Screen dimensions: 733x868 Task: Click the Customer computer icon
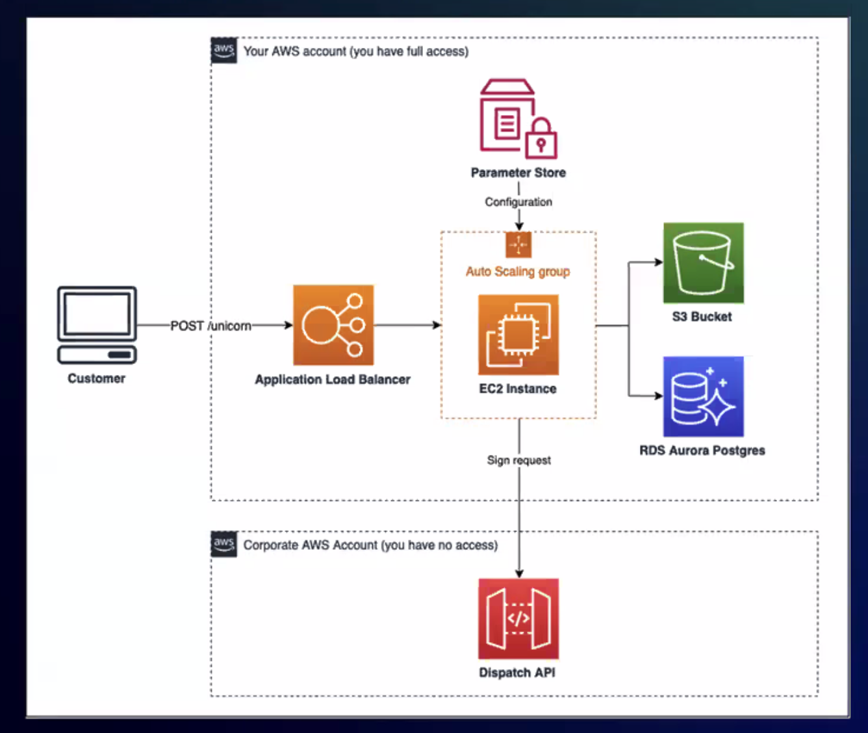pos(97,324)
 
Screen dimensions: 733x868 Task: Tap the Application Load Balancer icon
pos(333,325)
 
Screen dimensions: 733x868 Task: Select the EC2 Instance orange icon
pos(518,335)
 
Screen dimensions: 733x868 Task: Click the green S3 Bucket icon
pos(703,263)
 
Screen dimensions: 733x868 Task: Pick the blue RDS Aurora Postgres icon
pos(703,396)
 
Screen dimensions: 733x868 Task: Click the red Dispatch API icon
pos(518,619)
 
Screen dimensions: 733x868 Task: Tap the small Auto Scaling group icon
pos(518,245)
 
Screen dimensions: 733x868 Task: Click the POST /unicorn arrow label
pos(211,326)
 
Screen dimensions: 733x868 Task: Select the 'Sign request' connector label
pos(518,460)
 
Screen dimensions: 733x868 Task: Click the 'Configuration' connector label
pos(518,202)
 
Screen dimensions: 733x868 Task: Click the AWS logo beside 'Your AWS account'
pos(224,50)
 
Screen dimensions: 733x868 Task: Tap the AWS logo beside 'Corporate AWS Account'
pos(224,544)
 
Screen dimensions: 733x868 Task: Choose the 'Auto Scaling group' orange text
pos(518,272)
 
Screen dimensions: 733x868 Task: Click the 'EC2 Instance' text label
pos(518,389)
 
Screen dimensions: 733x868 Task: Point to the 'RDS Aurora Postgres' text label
pos(702,450)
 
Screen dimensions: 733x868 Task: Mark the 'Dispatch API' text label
pos(517,673)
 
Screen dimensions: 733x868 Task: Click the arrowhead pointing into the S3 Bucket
pos(658,263)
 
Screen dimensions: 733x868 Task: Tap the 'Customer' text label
pos(96,378)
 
